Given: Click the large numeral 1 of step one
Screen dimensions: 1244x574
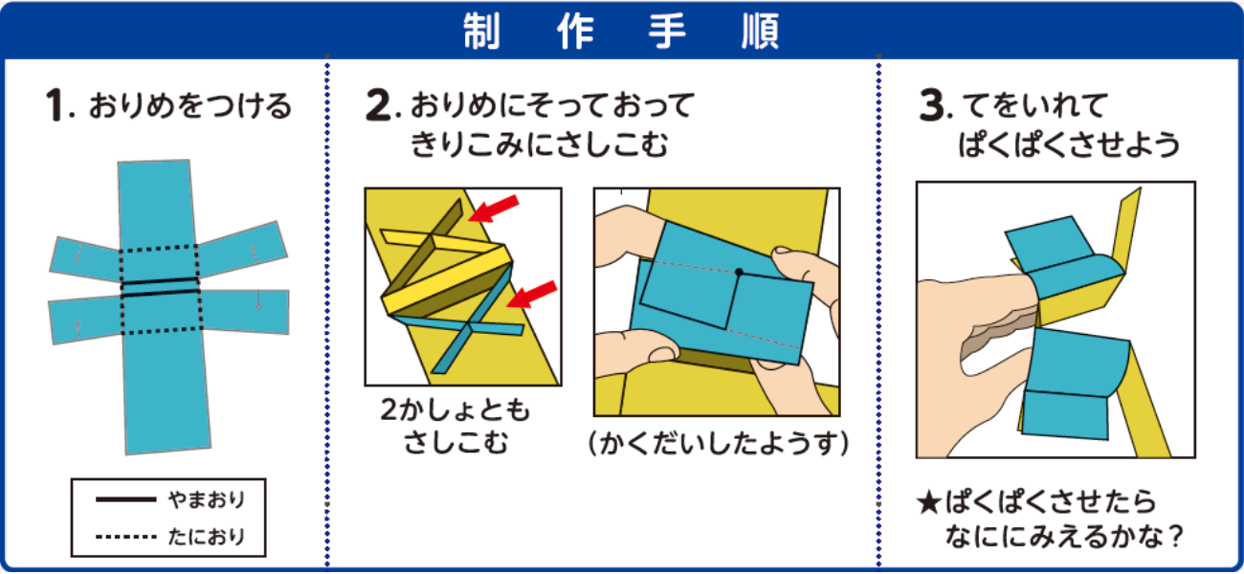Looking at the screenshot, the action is (x=56, y=104).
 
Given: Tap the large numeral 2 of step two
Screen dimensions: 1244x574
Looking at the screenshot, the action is (x=378, y=105).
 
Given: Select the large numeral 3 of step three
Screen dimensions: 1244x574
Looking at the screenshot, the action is (x=932, y=105).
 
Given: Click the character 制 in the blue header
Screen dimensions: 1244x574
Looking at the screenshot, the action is (x=481, y=31).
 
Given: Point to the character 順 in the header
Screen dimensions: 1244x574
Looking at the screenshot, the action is (x=761, y=31).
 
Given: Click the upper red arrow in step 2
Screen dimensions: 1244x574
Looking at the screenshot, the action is (x=494, y=209).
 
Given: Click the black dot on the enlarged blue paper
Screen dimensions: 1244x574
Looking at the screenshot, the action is (x=739, y=272).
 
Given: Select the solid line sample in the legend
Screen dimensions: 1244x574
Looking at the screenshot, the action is (x=125, y=499).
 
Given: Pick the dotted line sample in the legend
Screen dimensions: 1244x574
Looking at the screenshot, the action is (x=125, y=537).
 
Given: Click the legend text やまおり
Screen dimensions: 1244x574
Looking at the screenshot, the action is (x=207, y=499).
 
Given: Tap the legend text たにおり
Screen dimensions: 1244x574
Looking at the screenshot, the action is (x=207, y=537).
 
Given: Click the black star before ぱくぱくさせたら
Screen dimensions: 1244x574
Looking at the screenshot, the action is (x=928, y=503).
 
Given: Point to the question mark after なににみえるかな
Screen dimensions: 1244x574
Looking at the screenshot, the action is (x=1173, y=537).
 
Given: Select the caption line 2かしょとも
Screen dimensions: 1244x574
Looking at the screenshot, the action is (x=455, y=410).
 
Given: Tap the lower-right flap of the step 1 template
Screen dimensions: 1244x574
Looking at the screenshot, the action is (x=244, y=311).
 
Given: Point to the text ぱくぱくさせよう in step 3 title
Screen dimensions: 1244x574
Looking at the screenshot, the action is (x=1069, y=144).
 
